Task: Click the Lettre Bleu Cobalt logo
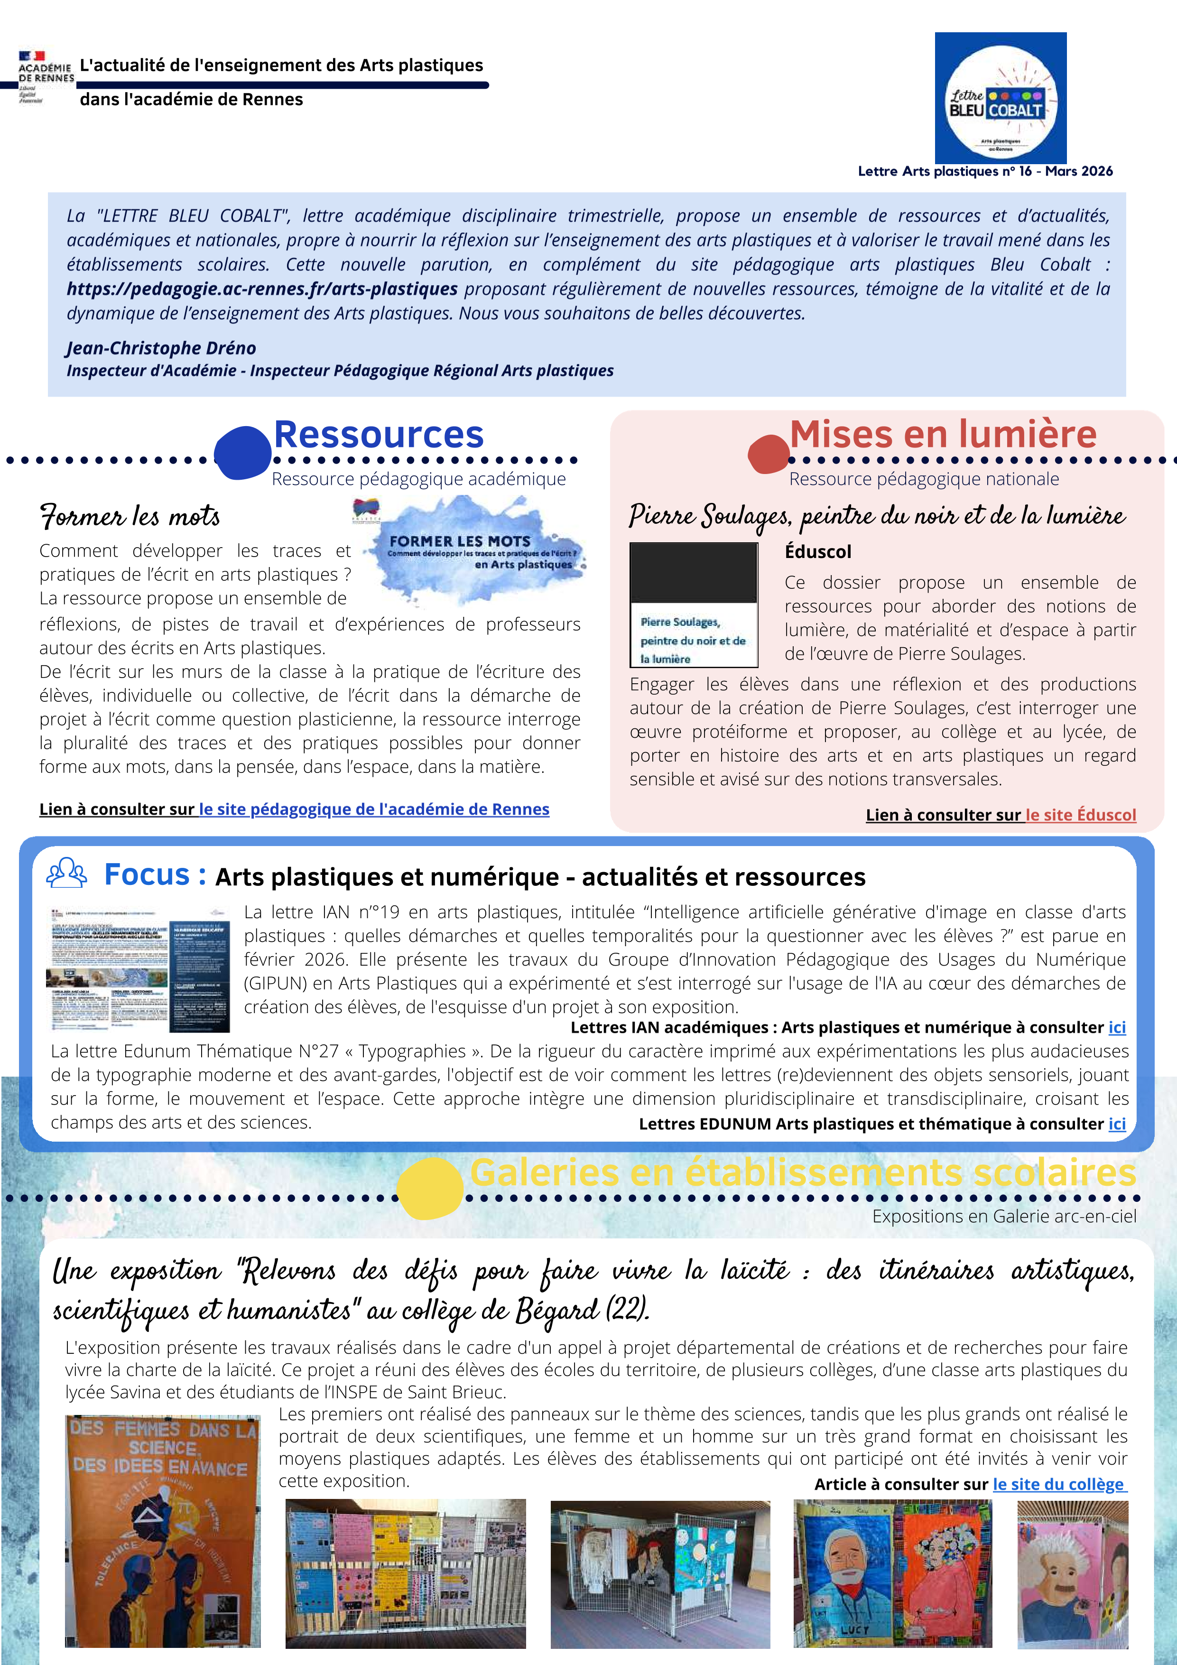pyautogui.click(x=1000, y=98)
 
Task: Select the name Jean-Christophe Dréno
pyautogui.click(x=161, y=348)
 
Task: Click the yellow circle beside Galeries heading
pyautogui.click(x=430, y=1188)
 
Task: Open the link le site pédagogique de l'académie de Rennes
pyautogui.click(x=374, y=809)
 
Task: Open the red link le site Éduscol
pyautogui.click(x=1081, y=815)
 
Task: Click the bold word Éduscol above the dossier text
pyautogui.click(x=817, y=552)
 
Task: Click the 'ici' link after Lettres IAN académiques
pyautogui.click(x=1117, y=1028)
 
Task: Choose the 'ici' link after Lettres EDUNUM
pyautogui.click(x=1117, y=1124)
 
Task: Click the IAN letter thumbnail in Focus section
pyautogui.click(x=140, y=969)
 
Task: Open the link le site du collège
pyautogui.click(x=1059, y=1484)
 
